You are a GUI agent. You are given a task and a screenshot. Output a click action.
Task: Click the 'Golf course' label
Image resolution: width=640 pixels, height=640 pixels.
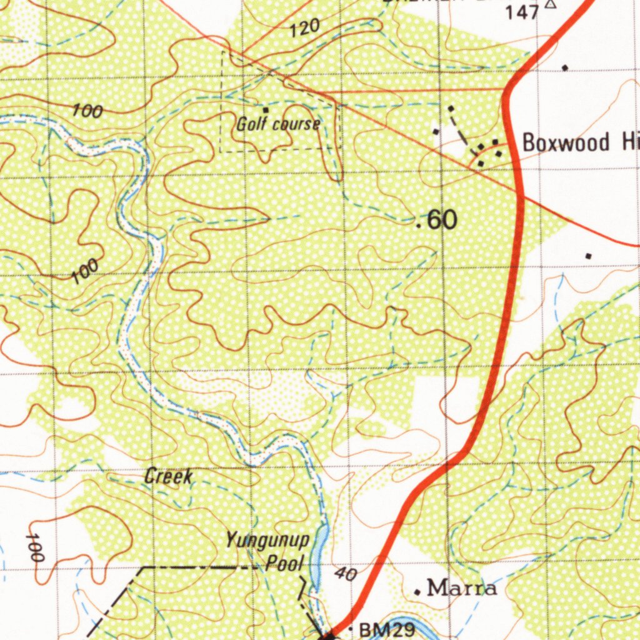pyautogui.click(x=278, y=124)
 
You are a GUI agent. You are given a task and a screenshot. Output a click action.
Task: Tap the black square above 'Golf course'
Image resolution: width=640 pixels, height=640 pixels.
pyautogui.click(x=266, y=110)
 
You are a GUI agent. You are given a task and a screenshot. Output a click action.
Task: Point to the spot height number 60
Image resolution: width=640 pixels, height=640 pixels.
pyautogui.click(x=442, y=220)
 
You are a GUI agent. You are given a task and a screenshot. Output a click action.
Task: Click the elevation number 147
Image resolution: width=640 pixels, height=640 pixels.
pyautogui.click(x=522, y=12)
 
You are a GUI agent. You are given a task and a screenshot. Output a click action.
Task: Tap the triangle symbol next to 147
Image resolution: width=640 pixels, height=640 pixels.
pyautogui.click(x=550, y=4)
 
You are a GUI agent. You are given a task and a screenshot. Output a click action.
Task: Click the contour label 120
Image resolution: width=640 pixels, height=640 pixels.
pyautogui.click(x=306, y=27)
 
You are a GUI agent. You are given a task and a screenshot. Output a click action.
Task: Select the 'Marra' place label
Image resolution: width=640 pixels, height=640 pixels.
pyautogui.click(x=462, y=588)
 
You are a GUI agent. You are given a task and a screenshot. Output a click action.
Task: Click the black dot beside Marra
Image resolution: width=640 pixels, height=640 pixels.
pyautogui.click(x=417, y=591)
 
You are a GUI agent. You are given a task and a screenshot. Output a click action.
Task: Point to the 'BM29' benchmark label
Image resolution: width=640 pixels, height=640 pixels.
pyautogui.click(x=387, y=629)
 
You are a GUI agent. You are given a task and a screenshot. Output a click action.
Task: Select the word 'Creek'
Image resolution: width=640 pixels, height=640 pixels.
pyautogui.click(x=168, y=477)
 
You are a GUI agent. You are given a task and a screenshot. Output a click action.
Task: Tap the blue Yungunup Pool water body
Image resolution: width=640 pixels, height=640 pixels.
pyautogui.click(x=321, y=550)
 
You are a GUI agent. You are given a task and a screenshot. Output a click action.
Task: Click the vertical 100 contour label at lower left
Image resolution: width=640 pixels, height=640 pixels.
pyautogui.click(x=36, y=548)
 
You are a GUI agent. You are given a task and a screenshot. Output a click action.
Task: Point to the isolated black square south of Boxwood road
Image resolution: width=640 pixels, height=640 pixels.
pyautogui.click(x=588, y=256)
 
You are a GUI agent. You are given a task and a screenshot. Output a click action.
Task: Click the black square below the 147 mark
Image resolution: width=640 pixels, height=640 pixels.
pyautogui.click(x=565, y=67)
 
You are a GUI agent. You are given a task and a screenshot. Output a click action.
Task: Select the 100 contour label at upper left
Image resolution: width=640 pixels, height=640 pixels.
pyautogui.click(x=87, y=112)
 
